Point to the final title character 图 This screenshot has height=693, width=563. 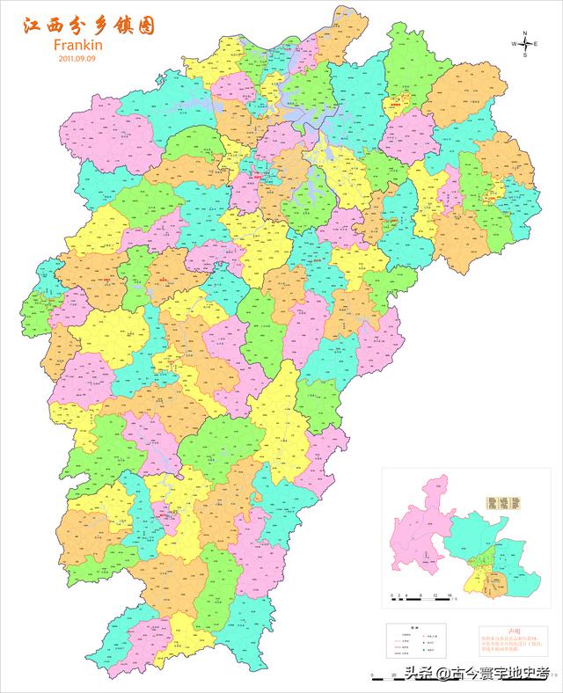tap(144, 26)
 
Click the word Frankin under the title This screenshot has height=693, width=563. tap(79, 44)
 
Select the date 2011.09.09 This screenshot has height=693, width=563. tap(78, 58)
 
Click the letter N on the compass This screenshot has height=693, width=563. tap(524, 33)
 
